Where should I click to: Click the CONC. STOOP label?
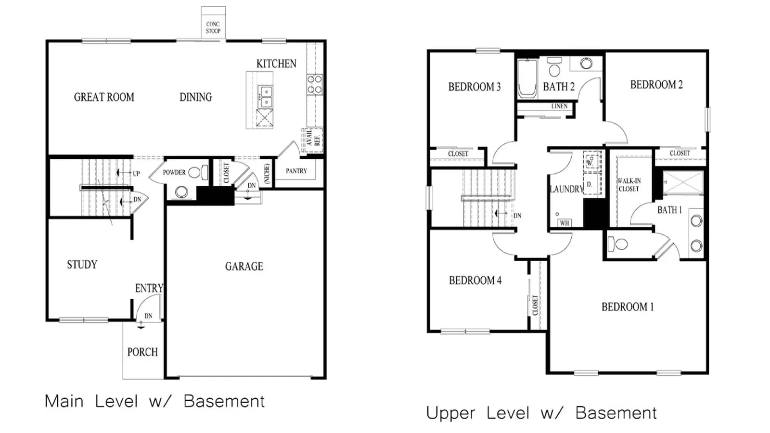click(213, 27)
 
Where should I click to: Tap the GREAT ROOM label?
click(104, 97)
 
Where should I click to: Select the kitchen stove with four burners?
click(315, 85)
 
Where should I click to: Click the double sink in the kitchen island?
click(265, 97)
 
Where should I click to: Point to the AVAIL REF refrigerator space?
click(312, 140)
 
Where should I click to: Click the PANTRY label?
click(296, 171)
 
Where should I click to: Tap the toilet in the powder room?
click(198, 172)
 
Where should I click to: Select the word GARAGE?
click(244, 267)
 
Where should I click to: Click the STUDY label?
click(82, 265)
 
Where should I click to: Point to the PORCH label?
click(142, 352)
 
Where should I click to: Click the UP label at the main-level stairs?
click(137, 174)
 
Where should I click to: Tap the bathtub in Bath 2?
click(527, 79)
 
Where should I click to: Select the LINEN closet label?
click(559, 106)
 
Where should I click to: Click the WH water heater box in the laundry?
click(565, 223)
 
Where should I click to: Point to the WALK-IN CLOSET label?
click(629, 185)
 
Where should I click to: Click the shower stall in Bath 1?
click(683, 182)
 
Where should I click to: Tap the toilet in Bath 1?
click(618, 244)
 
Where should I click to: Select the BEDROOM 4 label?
click(475, 280)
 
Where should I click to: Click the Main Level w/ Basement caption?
click(154, 401)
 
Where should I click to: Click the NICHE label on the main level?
click(267, 173)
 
